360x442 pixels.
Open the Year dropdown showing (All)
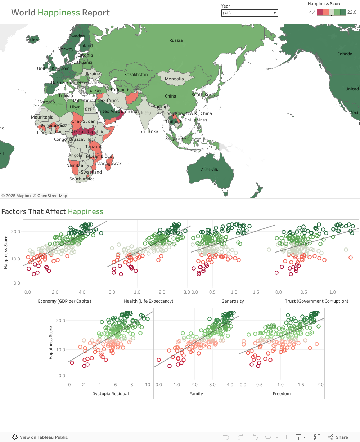click(249, 13)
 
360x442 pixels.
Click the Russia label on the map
click(176, 40)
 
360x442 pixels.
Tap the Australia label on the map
click(210, 170)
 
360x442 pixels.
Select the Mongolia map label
click(174, 79)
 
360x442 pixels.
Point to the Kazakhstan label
click(136, 75)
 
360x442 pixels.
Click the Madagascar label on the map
click(109, 164)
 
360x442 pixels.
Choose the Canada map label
click(345, 54)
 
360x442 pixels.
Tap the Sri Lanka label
click(149, 131)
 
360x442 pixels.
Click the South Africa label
click(82, 179)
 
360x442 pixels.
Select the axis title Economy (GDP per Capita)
click(64, 301)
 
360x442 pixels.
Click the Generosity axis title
click(233, 301)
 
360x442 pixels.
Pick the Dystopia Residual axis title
click(111, 394)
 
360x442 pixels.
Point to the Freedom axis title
click(282, 394)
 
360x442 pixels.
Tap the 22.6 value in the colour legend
click(352, 12)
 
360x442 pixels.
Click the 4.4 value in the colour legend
click(312, 12)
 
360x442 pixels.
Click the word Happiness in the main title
click(59, 13)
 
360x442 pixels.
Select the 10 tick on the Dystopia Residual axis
click(148, 385)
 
